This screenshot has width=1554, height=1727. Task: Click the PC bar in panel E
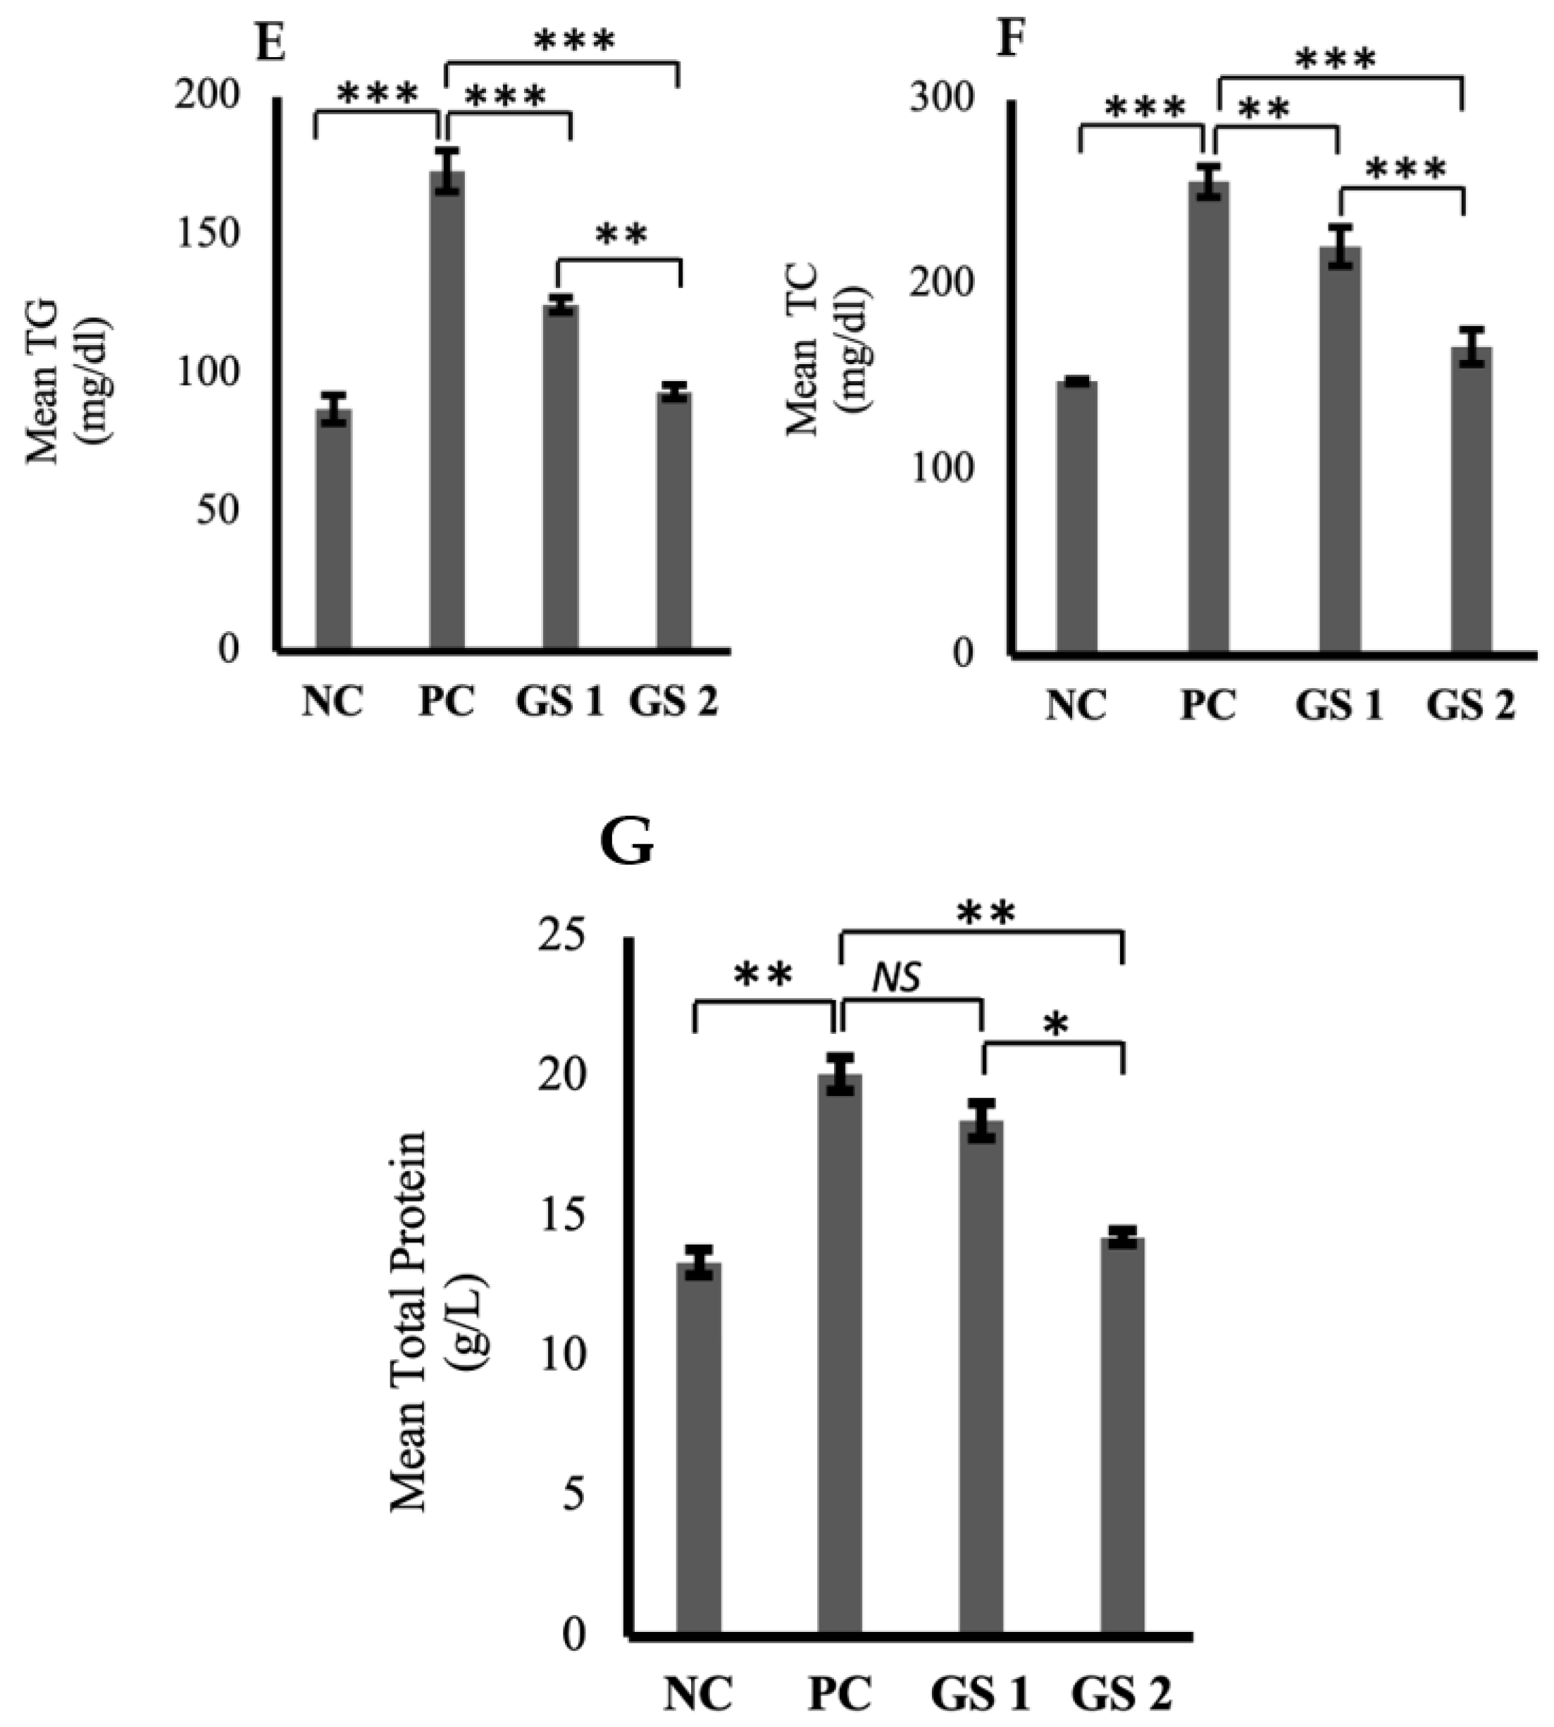(x=447, y=410)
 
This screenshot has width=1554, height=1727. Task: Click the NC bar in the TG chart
(x=333, y=529)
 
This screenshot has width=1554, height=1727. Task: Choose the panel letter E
(x=271, y=43)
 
